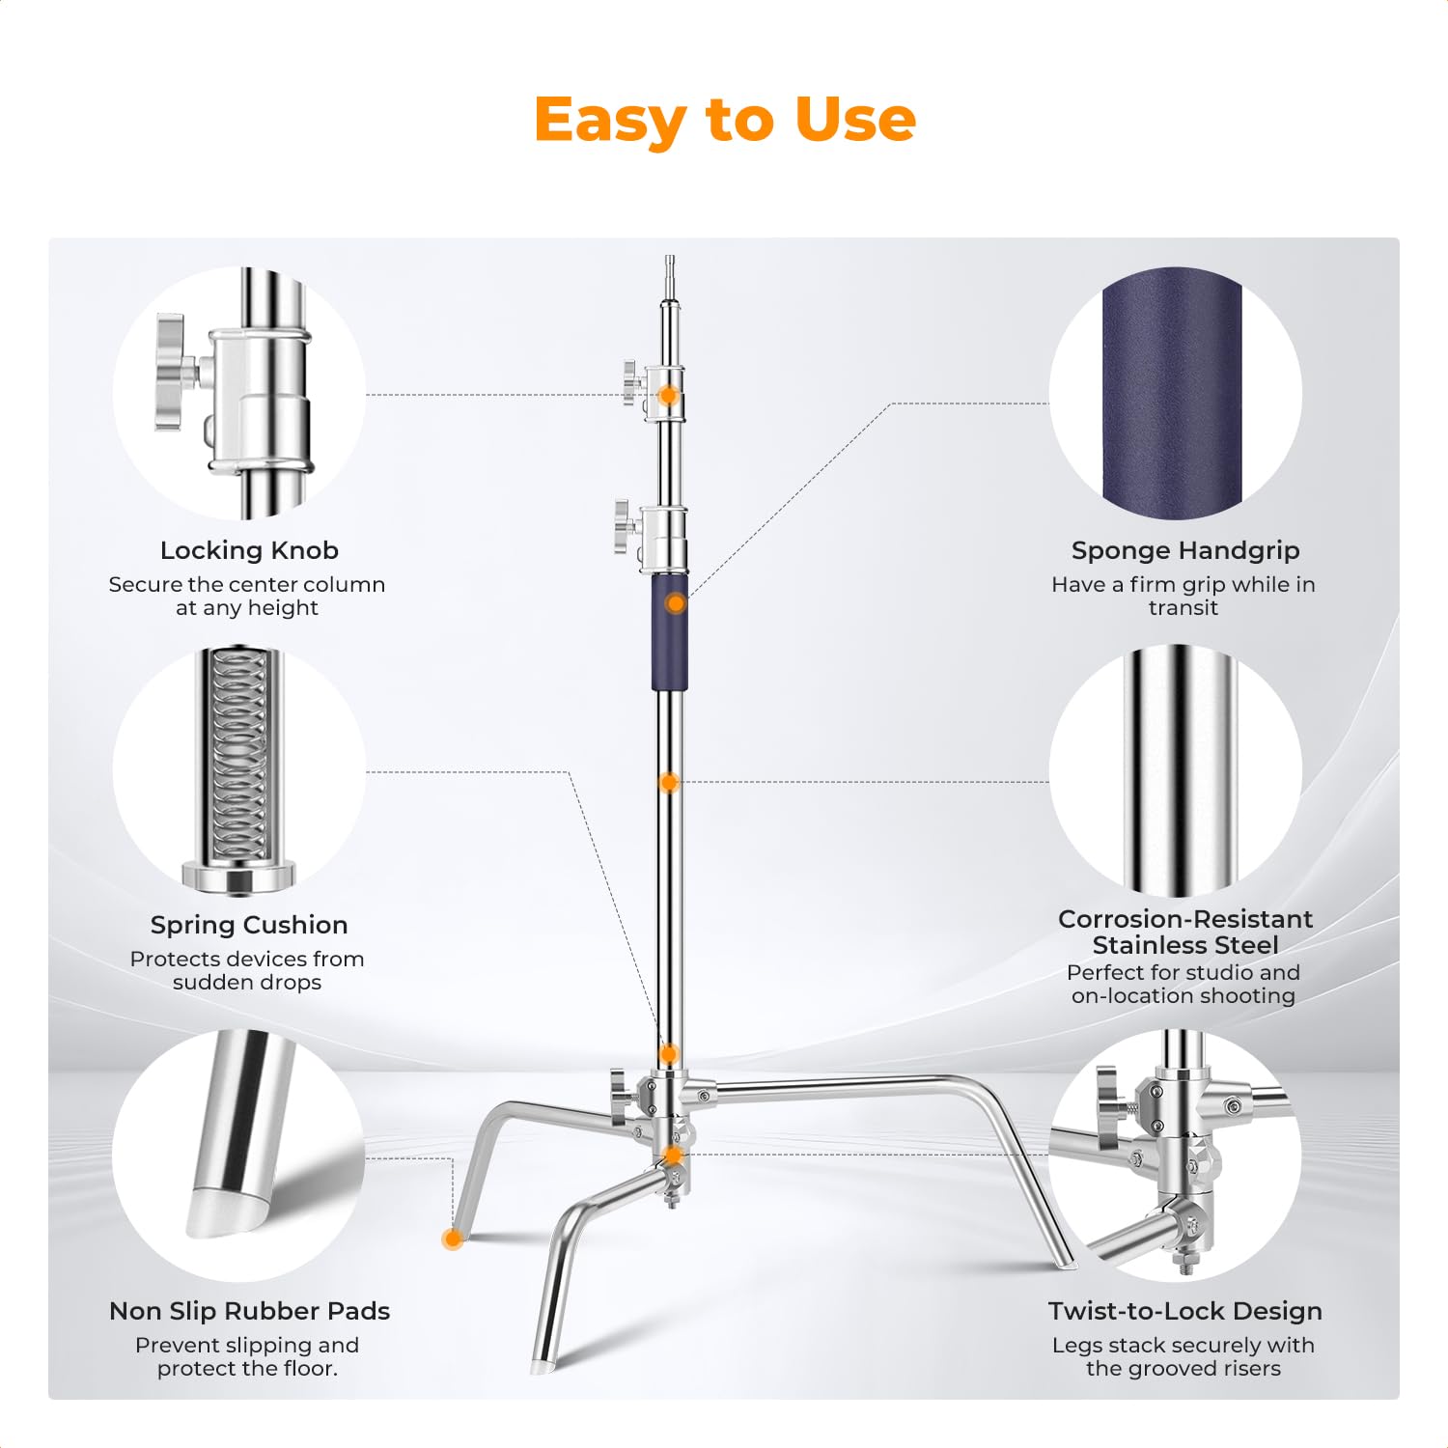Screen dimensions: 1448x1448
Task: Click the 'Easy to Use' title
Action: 724,120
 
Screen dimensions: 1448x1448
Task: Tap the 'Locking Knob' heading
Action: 249,550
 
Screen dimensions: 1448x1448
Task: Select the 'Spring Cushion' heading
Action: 249,925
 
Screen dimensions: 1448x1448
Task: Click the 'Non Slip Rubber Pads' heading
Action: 249,1311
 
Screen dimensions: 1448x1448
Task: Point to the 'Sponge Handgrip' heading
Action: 1185,550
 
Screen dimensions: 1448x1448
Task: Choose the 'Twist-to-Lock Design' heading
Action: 1185,1311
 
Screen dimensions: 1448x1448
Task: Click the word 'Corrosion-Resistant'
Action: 1185,919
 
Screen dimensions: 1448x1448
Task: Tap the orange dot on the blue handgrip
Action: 676,603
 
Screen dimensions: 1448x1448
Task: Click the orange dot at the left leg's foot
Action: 451,1239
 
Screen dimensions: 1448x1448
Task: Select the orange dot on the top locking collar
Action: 668,396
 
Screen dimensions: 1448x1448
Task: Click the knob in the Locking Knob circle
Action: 172,372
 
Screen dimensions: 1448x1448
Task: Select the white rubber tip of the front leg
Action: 540,1367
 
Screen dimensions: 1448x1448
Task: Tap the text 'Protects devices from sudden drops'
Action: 247,970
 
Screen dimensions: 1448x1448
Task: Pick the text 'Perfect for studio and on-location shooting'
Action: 1183,984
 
